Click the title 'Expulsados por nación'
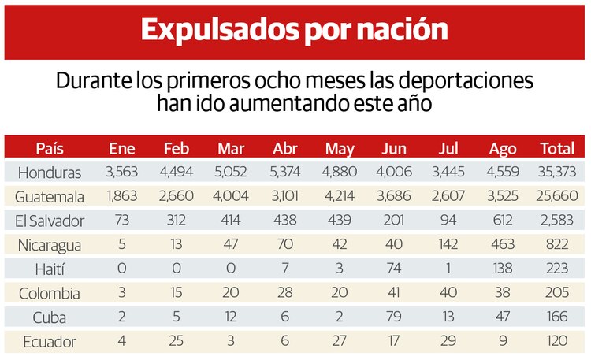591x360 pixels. (x=295, y=30)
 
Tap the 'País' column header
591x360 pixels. (x=49, y=148)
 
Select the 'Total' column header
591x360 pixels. (x=556, y=148)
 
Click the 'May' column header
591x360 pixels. (x=340, y=149)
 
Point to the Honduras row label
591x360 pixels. (x=49, y=173)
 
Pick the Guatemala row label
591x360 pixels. (x=49, y=196)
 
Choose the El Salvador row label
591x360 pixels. (x=49, y=221)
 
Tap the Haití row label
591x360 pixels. (x=49, y=269)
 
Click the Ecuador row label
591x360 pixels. (x=49, y=342)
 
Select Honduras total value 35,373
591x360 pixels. (x=556, y=173)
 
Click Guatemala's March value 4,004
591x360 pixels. (x=230, y=196)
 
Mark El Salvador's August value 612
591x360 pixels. (x=503, y=221)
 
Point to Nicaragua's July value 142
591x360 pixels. (x=448, y=245)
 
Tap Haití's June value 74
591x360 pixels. (x=393, y=269)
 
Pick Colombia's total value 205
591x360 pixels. (x=556, y=294)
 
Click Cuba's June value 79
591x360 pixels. (x=393, y=317)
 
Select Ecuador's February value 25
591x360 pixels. (x=177, y=342)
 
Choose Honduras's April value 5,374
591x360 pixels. (x=284, y=173)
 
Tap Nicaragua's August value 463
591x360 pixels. (x=503, y=245)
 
